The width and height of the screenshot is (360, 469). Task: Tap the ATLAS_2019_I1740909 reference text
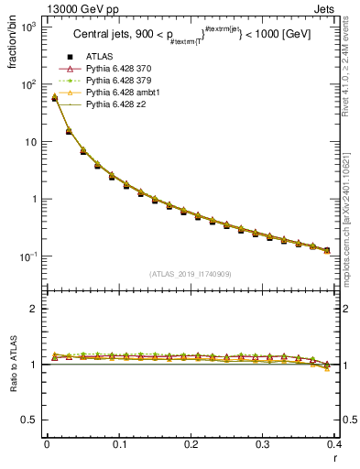[190, 274]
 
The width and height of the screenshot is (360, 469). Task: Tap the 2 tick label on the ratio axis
[32, 309]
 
